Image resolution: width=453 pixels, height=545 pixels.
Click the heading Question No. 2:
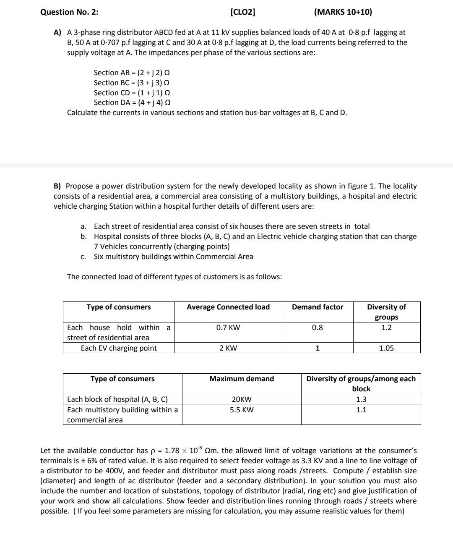[69, 12]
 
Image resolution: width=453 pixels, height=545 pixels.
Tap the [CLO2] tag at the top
[243, 12]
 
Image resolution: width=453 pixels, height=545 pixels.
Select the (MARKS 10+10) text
[343, 12]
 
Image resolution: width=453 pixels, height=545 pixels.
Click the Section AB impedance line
[132, 73]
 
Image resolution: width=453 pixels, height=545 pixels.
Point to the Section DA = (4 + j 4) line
[132, 102]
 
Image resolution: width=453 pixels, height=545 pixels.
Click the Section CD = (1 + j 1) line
[132, 93]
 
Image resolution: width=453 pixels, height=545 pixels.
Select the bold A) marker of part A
[57, 32]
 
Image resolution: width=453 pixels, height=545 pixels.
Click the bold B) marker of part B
[57, 186]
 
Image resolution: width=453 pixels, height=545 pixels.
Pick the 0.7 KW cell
[228, 328]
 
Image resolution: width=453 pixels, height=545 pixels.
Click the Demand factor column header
[318, 307]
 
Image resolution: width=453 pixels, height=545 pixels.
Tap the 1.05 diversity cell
[386, 348]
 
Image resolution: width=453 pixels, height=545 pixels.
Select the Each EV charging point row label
[119, 348]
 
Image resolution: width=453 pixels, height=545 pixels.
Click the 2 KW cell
[228, 348]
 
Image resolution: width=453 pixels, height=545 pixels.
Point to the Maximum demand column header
[242, 379]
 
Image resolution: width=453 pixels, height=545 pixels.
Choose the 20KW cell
[242, 399]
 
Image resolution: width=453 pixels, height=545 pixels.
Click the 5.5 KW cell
[242, 410]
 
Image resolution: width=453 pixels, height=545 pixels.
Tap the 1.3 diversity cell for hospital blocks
[361, 399]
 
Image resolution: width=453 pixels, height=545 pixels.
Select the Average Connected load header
[228, 307]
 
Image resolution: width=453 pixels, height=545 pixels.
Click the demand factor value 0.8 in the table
[318, 328]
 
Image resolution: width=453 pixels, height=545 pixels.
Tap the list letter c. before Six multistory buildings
[83, 257]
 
